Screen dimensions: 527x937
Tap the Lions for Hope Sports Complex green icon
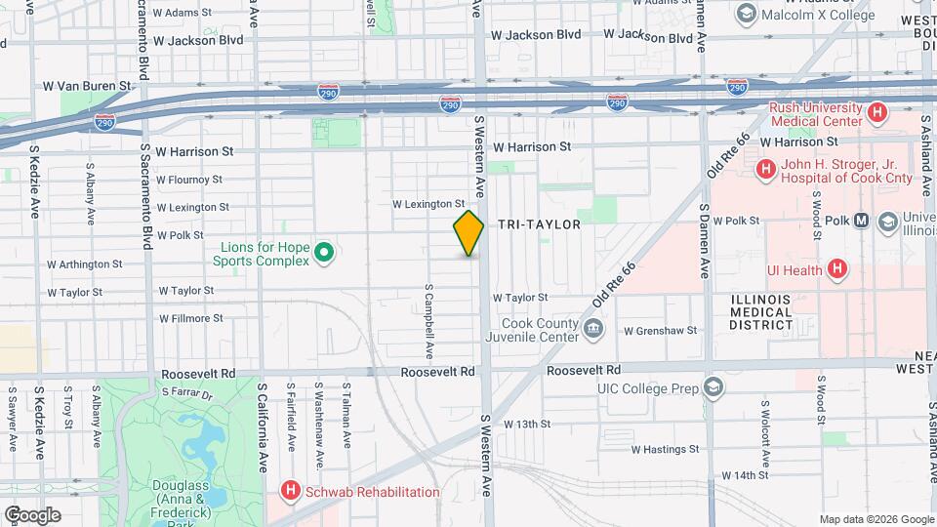pos(326,255)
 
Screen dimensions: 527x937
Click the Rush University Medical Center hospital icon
pos(876,114)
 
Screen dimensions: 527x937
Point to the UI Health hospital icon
pos(836,268)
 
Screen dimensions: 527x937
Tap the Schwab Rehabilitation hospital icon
pos(289,491)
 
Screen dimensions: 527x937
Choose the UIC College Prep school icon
pos(713,388)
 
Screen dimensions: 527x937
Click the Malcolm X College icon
pos(747,14)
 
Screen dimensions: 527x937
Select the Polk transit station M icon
pos(861,221)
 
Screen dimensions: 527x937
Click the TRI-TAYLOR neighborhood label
pos(539,224)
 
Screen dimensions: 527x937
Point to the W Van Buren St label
pos(87,86)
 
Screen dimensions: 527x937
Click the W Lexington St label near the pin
pos(428,205)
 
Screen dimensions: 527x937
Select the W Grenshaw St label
pos(661,330)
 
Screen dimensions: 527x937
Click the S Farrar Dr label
pos(186,392)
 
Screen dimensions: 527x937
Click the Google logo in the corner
pos(33,514)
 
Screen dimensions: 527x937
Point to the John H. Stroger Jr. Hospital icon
pos(766,170)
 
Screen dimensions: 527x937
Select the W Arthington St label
pos(85,263)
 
